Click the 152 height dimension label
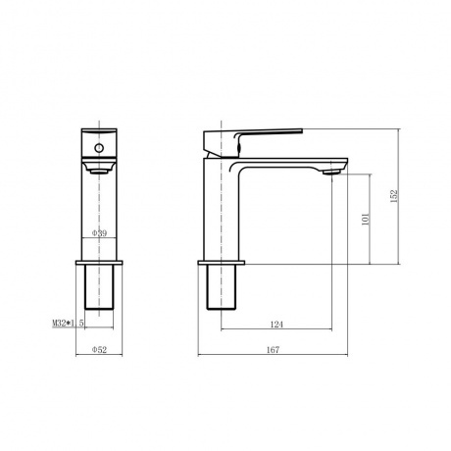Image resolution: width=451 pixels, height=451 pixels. click(394, 196)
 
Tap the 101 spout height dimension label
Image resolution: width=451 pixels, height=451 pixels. click(366, 219)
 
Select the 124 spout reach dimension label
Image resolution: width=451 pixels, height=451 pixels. click(276, 325)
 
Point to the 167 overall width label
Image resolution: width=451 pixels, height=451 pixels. click(273, 350)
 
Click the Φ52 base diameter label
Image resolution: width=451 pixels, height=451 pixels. click(99, 350)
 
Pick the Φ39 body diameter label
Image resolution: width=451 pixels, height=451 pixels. click(99, 233)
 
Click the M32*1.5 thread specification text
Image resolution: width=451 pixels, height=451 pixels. click(68, 324)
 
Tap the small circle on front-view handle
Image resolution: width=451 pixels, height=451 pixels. click(99, 148)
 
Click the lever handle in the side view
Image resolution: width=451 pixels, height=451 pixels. click(253, 142)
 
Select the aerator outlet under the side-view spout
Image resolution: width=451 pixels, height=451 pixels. click(331, 172)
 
